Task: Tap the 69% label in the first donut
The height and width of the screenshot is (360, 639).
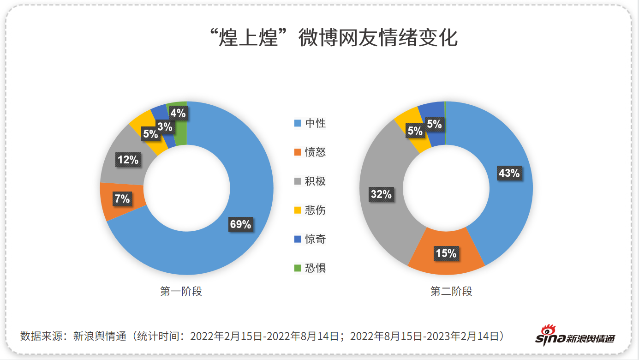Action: point(240,224)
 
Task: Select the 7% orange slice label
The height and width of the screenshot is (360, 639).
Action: point(122,199)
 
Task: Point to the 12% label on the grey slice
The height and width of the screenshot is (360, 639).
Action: point(128,160)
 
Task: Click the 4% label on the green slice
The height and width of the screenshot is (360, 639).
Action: point(178,113)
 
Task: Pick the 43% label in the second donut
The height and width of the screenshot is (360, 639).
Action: point(509,173)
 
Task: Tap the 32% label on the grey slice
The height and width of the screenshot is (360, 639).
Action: point(381,194)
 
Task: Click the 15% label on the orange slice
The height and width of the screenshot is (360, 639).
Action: point(446,253)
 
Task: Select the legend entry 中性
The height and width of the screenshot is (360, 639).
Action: point(310,123)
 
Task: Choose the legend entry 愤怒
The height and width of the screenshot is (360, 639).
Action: point(310,152)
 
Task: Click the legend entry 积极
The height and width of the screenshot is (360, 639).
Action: point(310,181)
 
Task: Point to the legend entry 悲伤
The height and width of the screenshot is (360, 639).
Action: point(310,210)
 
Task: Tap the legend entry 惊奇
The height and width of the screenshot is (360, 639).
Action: point(310,239)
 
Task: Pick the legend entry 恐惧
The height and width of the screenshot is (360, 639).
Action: point(310,268)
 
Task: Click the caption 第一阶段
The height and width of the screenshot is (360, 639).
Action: point(181,292)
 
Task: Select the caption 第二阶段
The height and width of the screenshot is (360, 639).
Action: point(451,292)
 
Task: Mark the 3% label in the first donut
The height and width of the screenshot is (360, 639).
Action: point(164,126)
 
